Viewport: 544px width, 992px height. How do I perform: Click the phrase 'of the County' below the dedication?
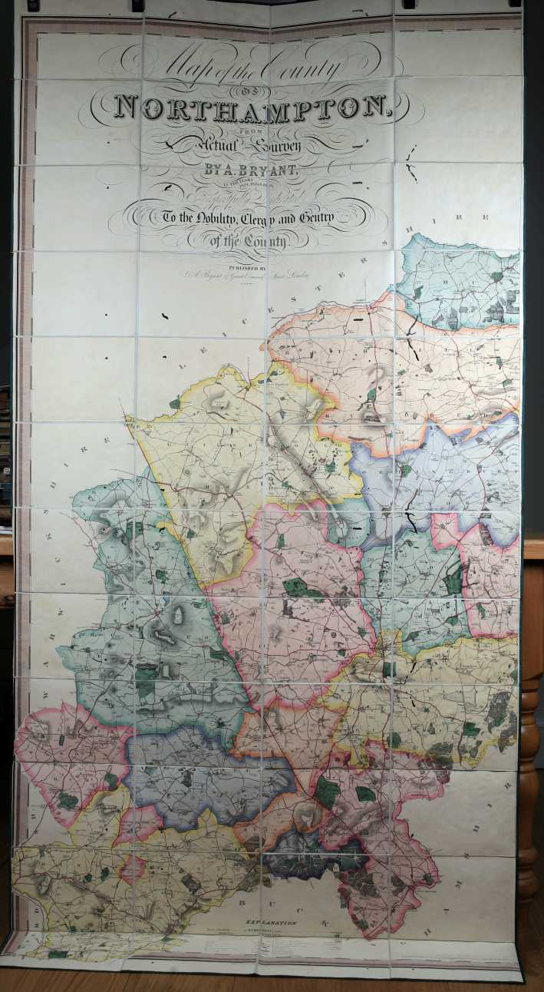(x=249, y=241)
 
